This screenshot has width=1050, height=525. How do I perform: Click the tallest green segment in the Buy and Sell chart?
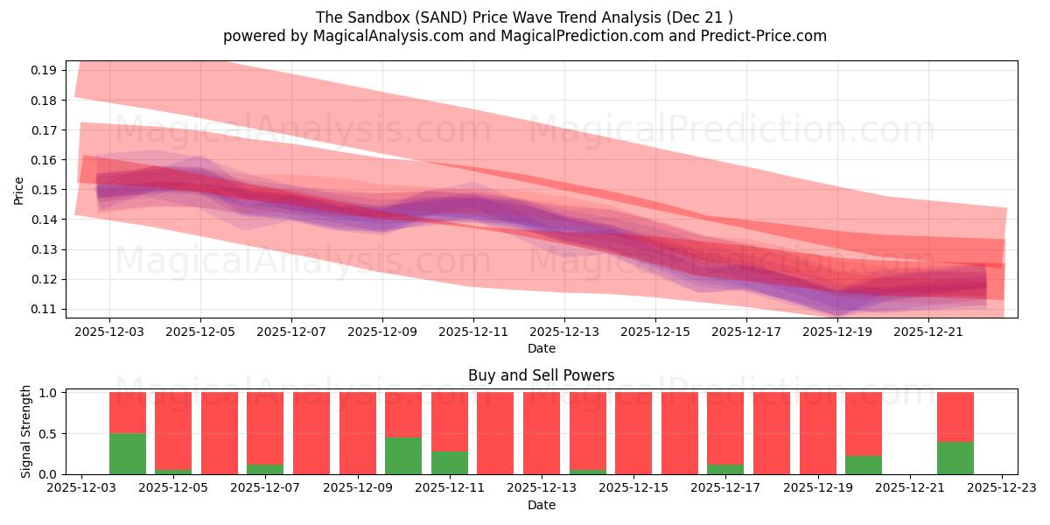coord(127,453)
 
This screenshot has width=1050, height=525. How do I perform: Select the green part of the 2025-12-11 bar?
coord(449,463)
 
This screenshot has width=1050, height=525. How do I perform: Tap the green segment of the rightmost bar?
coord(955,458)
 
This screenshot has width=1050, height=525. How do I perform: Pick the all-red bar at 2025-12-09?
coord(357,433)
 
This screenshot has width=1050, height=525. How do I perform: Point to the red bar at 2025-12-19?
coord(817,433)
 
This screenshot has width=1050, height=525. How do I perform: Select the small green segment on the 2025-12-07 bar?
coord(265,469)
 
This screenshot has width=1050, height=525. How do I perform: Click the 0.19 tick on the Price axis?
coord(46,70)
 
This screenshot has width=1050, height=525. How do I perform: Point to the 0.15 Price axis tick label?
coord(46,190)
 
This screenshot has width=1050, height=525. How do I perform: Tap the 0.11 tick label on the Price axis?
coord(46,310)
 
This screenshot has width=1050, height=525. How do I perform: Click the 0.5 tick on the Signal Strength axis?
coord(48,433)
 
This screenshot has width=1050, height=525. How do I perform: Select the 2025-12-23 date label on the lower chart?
coord(1002,489)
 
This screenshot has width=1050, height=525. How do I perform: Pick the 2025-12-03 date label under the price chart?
coord(109,332)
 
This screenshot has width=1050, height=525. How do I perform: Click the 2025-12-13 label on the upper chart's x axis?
coord(564,332)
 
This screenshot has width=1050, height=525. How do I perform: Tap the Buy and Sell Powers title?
coord(541,375)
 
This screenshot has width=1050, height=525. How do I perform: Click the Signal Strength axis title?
coord(26,431)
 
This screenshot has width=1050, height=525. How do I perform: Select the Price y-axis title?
coord(19,190)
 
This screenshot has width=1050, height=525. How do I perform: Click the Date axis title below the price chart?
coord(541,348)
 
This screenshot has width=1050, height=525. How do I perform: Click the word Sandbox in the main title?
coord(392,17)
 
